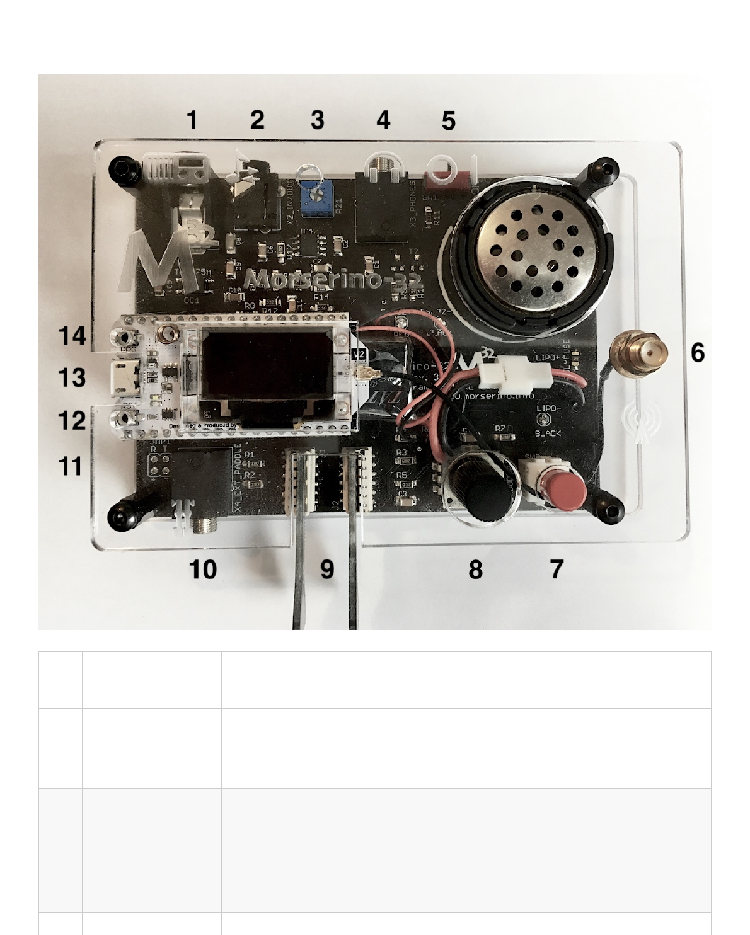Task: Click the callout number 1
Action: click(192, 120)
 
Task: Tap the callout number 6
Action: click(697, 352)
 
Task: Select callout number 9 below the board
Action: click(327, 569)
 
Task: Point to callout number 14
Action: click(72, 336)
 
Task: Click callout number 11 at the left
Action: click(71, 466)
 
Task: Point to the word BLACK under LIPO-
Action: click(547, 434)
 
